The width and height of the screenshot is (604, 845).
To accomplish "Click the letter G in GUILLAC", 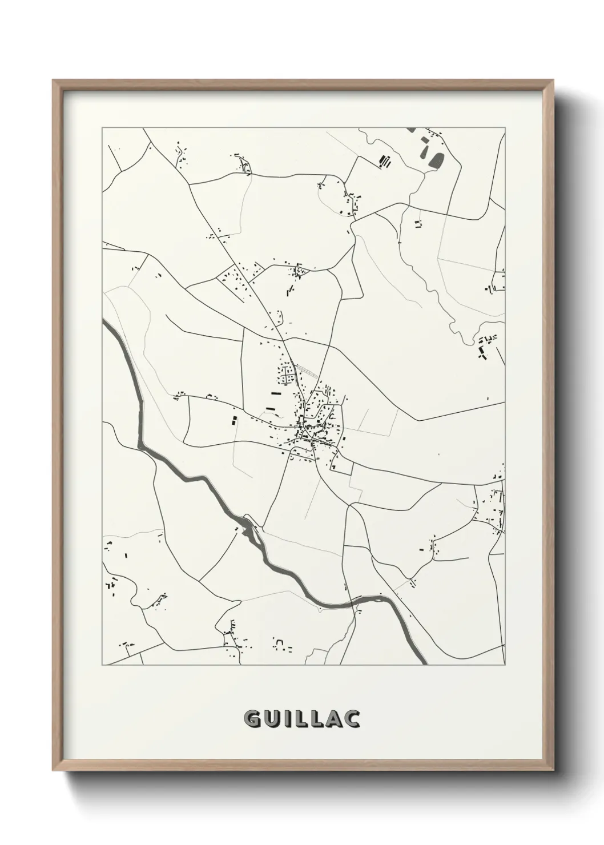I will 252,719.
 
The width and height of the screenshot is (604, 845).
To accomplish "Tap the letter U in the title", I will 271,719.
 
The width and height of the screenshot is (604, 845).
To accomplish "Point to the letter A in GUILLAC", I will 333,719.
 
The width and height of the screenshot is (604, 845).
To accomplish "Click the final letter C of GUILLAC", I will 352,719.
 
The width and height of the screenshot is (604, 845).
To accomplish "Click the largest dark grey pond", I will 436,158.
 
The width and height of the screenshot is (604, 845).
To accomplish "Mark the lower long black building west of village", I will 270,408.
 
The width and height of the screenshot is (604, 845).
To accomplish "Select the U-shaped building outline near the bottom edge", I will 280,644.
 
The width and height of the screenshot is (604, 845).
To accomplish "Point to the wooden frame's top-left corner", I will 53,81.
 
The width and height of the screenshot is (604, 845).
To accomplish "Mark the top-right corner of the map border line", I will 505,128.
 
